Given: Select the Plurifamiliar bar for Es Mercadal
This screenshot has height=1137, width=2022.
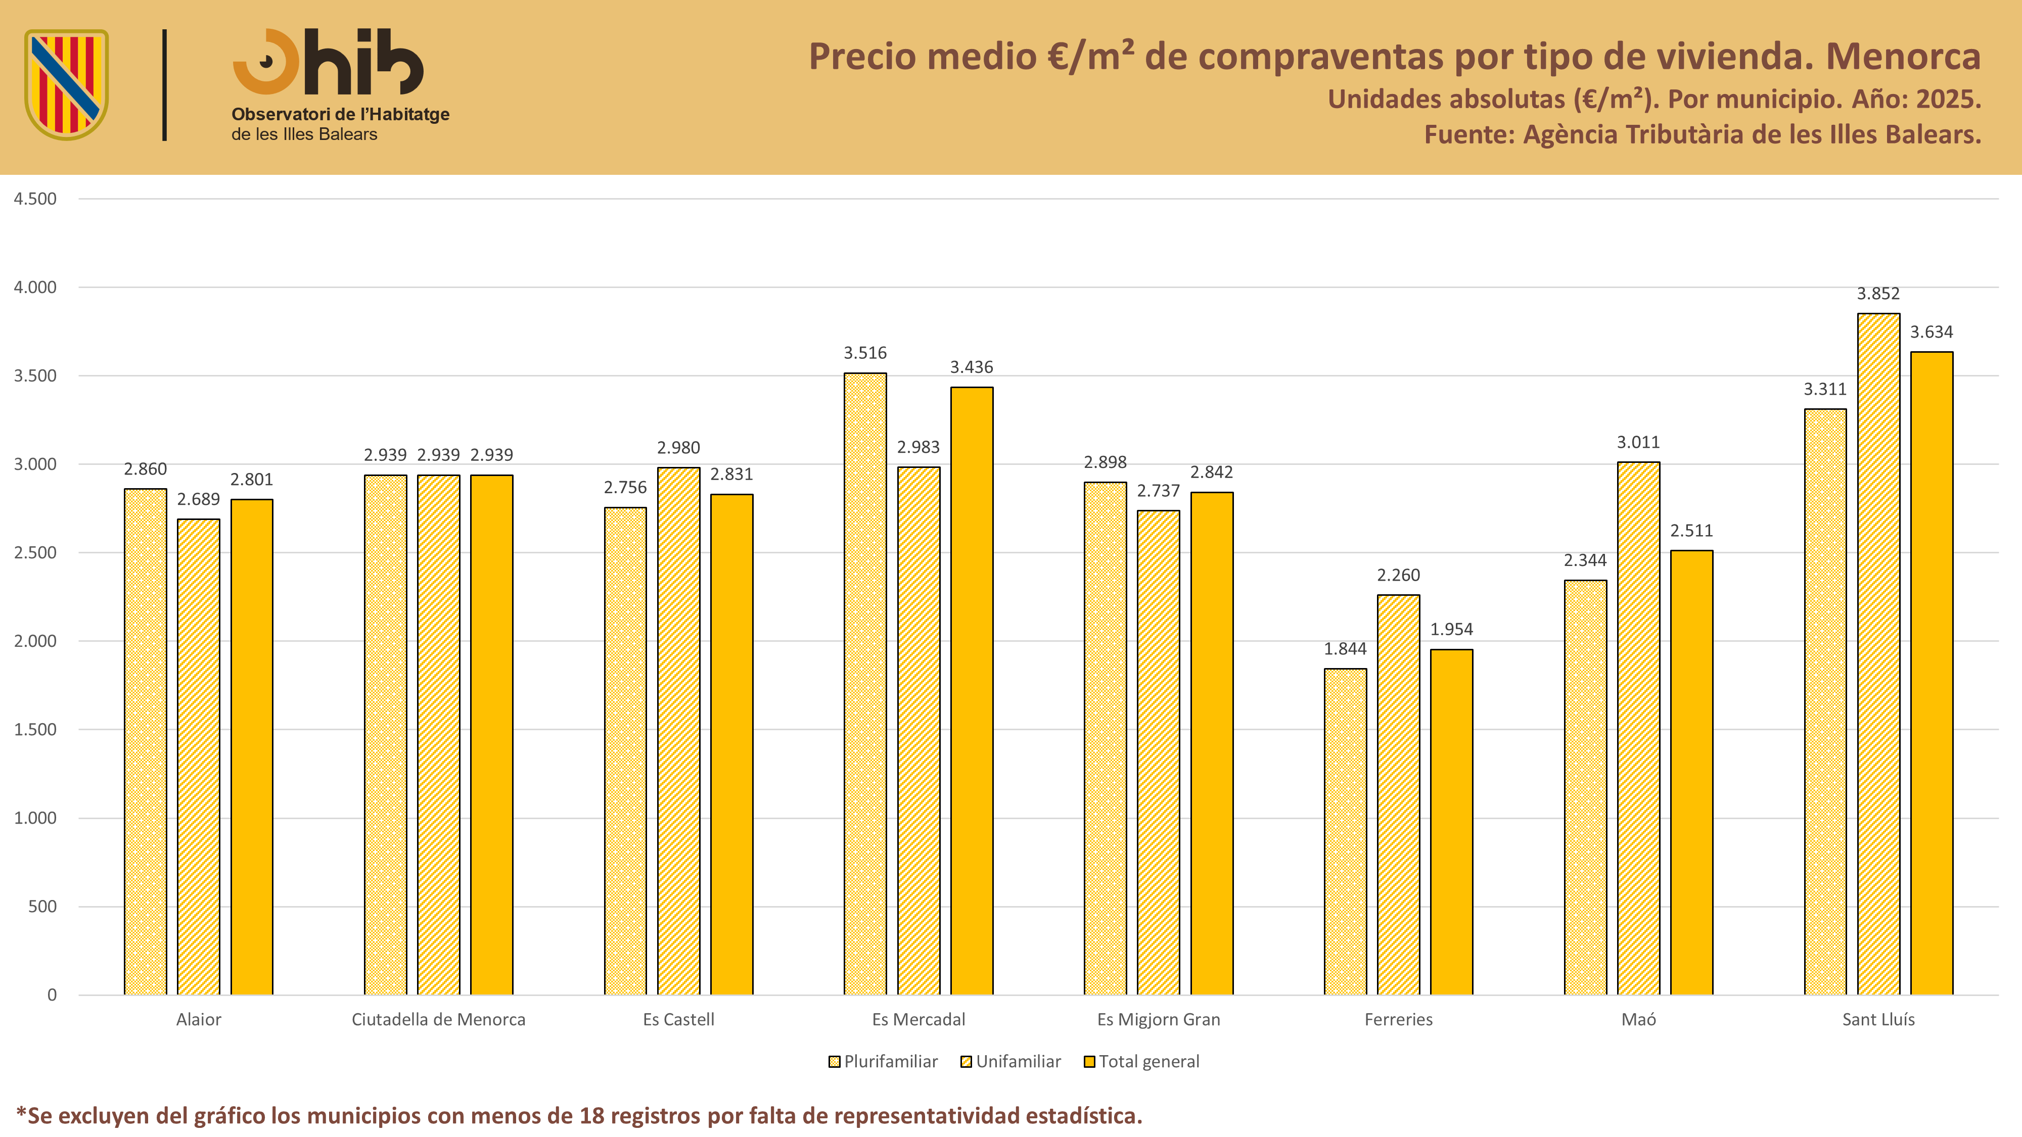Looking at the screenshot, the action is [865, 683].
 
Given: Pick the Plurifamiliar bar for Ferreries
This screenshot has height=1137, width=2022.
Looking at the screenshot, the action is [1345, 832].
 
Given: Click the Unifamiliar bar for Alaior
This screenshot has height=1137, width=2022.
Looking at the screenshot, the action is [199, 756].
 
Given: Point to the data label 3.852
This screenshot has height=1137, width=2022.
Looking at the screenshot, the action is [1878, 294].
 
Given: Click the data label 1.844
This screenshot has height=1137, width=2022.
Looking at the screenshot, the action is [1345, 649].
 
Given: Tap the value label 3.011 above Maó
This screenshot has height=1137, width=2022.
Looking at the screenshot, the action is [1638, 443].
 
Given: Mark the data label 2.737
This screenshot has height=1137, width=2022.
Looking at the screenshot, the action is [1159, 491].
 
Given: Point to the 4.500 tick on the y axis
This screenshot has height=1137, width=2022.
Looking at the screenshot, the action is [35, 199].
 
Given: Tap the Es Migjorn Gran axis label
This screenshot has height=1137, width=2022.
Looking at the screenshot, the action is [1159, 1019].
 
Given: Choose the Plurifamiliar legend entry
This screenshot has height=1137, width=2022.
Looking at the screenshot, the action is [883, 1062].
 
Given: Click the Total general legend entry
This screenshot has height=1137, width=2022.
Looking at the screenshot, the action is [1141, 1062].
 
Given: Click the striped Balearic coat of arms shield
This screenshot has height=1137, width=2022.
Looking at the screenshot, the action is [67, 84].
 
